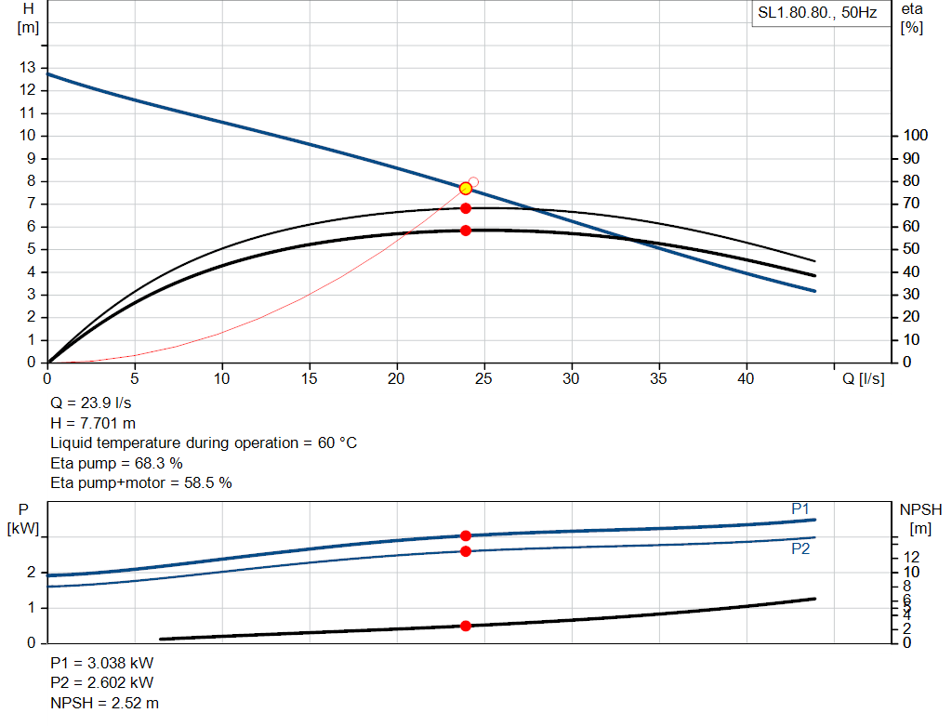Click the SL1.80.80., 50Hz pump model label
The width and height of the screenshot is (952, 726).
[817, 14]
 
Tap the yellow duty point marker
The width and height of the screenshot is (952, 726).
[466, 189]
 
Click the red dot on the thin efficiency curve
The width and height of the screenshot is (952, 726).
[466, 208]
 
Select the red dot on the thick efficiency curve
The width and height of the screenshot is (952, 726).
[466, 231]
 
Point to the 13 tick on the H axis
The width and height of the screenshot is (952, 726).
[27, 67]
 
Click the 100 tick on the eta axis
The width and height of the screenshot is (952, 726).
[916, 136]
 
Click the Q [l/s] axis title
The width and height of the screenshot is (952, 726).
[864, 378]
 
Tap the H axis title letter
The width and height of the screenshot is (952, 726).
[28, 8]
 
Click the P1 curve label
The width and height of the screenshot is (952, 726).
[800, 508]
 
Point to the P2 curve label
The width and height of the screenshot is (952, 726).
[800, 548]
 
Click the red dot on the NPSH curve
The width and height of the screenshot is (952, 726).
[466, 626]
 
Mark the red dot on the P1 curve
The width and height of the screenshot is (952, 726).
[466, 535]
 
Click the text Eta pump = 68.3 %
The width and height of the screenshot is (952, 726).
[116, 462]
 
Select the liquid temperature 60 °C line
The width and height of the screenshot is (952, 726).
[204, 442]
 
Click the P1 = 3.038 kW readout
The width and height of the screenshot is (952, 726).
[102, 664]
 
